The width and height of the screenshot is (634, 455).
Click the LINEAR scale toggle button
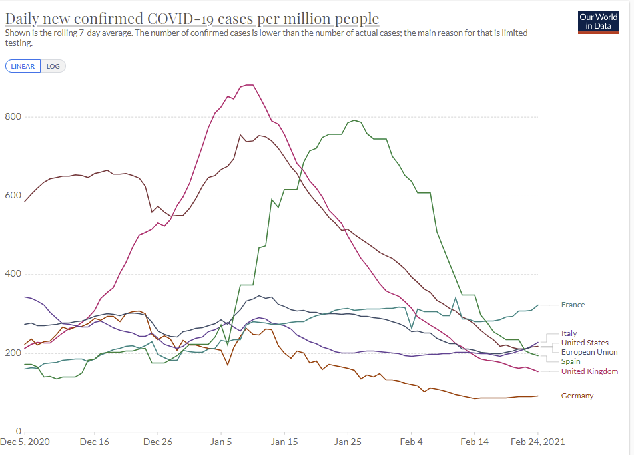click(x=23, y=66)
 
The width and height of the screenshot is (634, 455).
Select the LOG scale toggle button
click(x=53, y=66)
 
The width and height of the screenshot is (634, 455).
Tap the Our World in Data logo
click(x=598, y=22)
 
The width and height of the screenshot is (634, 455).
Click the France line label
click(x=573, y=305)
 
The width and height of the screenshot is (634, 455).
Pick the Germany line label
click(x=577, y=396)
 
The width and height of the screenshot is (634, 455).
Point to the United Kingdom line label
click(x=589, y=371)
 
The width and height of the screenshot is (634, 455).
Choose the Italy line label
click(x=569, y=333)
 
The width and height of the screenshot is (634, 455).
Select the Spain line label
click(x=571, y=361)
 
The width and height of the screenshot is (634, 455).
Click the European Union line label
click(x=589, y=352)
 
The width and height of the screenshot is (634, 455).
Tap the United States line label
click(x=585, y=343)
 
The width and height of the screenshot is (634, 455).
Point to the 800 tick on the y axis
click(x=13, y=117)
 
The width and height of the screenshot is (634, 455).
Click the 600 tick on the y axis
click(x=13, y=196)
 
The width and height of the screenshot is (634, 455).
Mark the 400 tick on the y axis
click(x=13, y=274)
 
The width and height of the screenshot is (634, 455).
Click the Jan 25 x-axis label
click(x=347, y=442)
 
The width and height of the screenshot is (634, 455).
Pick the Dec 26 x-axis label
click(x=157, y=442)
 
